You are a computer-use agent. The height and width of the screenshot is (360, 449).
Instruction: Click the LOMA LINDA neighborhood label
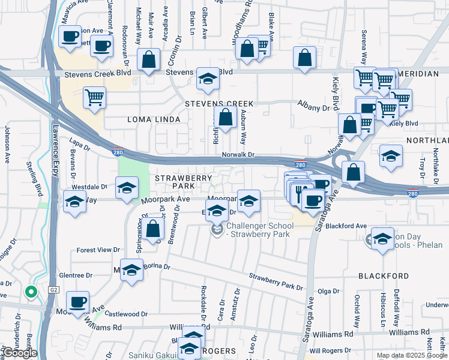(154, 120)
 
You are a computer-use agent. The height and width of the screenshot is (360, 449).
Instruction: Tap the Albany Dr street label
(314, 107)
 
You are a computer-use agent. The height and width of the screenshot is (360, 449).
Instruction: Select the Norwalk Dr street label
(238, 155)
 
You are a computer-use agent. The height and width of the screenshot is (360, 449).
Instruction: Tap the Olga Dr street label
(328, 292)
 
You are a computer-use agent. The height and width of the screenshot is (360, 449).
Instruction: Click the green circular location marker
(31, 292)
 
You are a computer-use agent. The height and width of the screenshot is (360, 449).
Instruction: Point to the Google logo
(19, 353)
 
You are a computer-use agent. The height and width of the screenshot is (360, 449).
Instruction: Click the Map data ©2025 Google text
(411, 355)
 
